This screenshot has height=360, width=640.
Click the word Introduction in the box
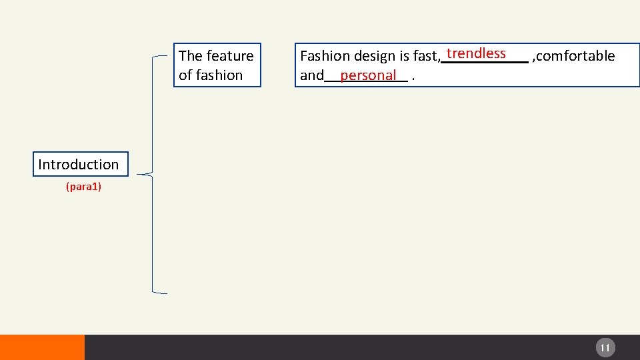[79, 165]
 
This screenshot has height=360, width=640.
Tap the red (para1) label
[83, 187]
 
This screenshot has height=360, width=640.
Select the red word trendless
[476, 53]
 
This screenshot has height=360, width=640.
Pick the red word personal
[368, 75]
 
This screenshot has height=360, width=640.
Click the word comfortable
[575, 56]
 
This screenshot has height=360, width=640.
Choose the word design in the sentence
[375, 56]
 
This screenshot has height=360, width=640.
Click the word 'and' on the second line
[311, 75]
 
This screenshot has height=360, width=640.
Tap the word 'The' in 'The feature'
[190, 56]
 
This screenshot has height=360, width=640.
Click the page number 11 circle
[605, 347]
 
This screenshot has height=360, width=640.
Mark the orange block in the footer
[42, 347]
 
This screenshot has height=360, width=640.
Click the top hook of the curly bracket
[160, 57]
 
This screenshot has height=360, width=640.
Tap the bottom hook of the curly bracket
[160, 292]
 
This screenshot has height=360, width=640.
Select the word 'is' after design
[404, 56]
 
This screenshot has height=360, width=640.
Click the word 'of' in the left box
[185, 75]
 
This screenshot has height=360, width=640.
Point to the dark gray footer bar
[333, 347]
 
